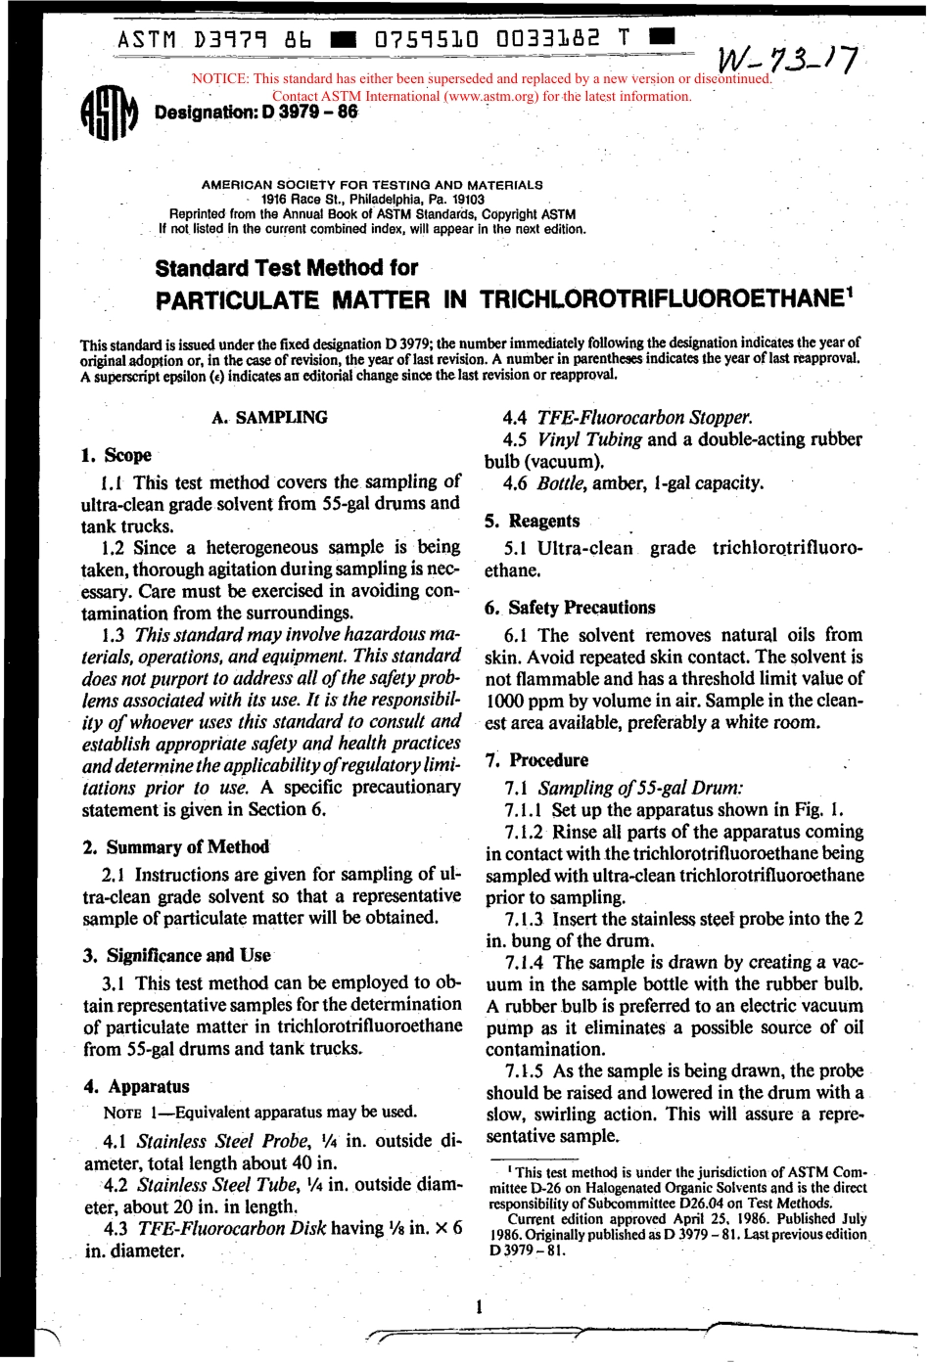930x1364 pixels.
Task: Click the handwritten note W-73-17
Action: (x=790, y=61)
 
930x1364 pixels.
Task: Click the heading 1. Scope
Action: (x=116, y=455)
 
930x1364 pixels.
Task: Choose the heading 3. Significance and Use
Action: (x=177, y=956)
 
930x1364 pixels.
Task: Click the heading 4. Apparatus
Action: (x=137, y=1087)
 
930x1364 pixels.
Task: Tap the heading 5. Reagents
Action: (x=534, y=522)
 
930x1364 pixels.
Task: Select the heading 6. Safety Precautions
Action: (x=571, y=608)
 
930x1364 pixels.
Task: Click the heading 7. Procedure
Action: (x=538, y=760)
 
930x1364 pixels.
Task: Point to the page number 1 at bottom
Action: (x=479, y=1306)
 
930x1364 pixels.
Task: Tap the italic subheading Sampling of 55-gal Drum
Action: (x=640, y=788)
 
